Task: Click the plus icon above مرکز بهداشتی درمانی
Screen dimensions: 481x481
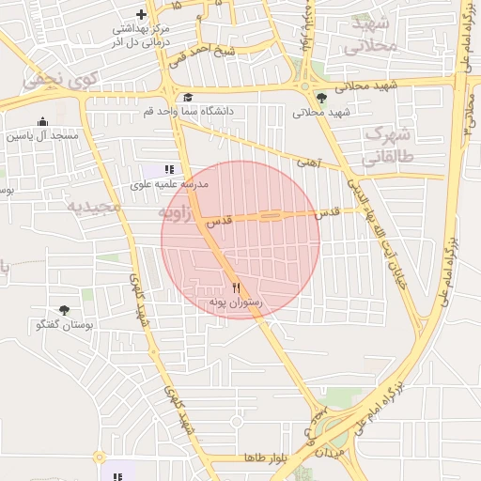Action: click(x=141, y=14)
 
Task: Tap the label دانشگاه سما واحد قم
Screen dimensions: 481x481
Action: click(x=188, y=111)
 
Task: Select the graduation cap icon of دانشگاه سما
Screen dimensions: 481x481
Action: click(x=188, y=97)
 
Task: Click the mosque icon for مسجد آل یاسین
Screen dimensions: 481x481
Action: click(x=42, y=122)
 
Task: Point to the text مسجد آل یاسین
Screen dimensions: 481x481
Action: click(x=42, y=136)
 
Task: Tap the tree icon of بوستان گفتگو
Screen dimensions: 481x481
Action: click(x=64, y=310)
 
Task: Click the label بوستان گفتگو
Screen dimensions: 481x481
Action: click(x=64, y=325)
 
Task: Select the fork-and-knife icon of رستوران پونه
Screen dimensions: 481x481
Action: click(x=236, y=288)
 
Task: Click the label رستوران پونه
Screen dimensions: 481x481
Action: click(x=236, y=303)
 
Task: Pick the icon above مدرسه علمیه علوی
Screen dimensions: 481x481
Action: click(x=169, y=170)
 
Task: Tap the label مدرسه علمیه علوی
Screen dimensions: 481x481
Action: click(x=169, y=185)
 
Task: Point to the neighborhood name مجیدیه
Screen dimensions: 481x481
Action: click(x=94, y=205)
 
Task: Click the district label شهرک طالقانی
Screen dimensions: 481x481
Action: click(x=387, y=145)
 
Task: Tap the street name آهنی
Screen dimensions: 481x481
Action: click(x=309, y=162)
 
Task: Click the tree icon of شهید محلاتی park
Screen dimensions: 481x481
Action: click(x=321, y=97)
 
